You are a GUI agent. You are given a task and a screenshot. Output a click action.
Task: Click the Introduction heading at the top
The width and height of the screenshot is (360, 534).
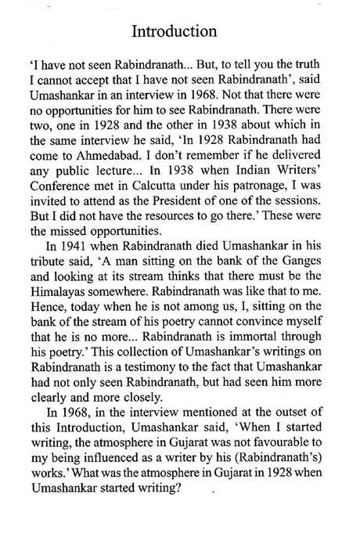tap(179, 32)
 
